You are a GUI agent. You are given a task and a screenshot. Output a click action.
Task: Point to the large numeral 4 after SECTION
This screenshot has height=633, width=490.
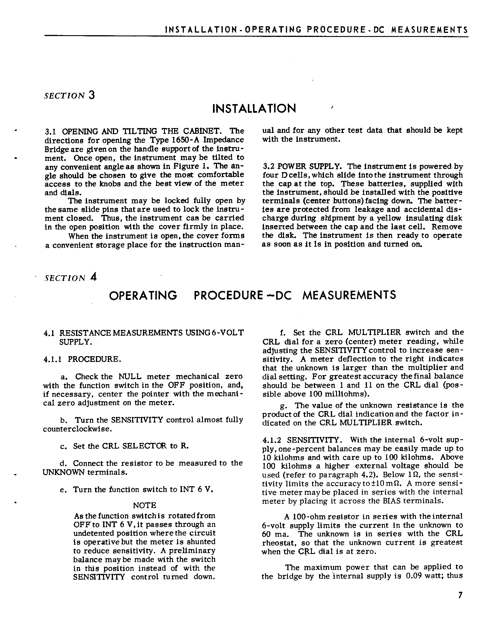(93, 277)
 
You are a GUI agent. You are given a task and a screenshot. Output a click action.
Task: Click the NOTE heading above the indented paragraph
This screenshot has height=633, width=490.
(144, 506)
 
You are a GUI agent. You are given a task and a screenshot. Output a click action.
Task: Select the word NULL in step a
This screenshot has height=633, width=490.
(130, 377)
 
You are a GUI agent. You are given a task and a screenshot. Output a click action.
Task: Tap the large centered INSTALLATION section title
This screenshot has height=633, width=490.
(254, 109)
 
